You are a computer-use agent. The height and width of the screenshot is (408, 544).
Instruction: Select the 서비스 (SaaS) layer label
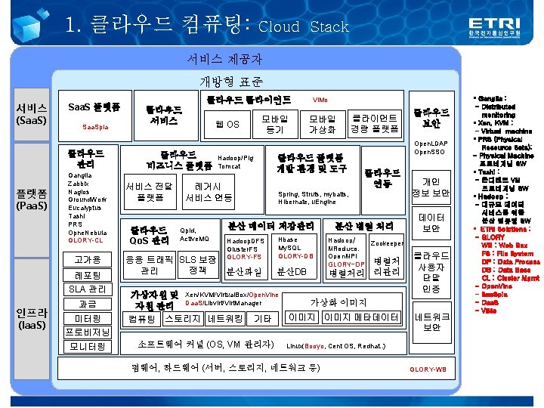click(x=32, y=114)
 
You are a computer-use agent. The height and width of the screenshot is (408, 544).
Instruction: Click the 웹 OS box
click(x=227, y=124)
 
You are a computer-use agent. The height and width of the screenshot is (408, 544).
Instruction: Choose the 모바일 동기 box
click(x=274, y=124)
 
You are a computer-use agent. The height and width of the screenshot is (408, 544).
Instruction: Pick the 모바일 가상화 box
click(x=321, y=124)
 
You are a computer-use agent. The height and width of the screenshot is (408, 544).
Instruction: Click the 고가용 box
click(x=88, y=259)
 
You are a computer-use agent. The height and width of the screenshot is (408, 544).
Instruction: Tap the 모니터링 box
click(x=88, y=346)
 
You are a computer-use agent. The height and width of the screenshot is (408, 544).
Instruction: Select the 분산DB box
click(x=292, y=271)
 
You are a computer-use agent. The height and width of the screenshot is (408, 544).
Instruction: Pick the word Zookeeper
click(x=386, y=243)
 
